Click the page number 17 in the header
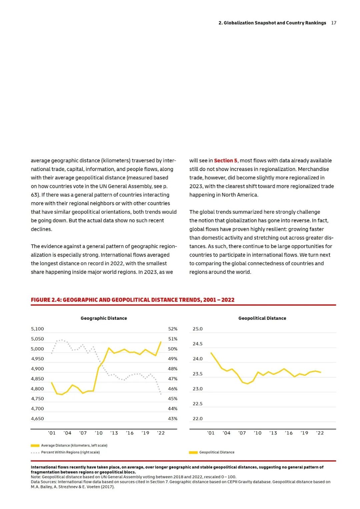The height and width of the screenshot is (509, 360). [x=334, y=23]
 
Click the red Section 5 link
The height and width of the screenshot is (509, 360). [x=226, y=161]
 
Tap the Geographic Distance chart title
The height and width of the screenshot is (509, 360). [x=104, y=318]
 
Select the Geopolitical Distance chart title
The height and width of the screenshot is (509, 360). [x=262, y=318]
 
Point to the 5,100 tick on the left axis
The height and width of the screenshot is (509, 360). [x=37, y=329]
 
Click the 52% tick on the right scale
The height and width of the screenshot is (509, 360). [x=173, y=329]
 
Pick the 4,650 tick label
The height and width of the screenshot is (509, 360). [x=37, y=419]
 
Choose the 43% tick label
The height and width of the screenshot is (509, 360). [x=173, y=419]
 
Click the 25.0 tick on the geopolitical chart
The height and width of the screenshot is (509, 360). [x=198, y=329]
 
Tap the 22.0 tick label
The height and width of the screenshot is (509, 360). [x=198, y=419]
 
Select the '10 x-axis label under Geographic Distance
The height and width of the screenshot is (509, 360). [x=99, y=433]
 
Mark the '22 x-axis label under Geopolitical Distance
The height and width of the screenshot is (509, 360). [x=320, y=433]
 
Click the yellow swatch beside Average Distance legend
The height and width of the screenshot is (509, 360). [x=35, y=446]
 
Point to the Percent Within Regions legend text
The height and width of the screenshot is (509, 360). [x=70, y=452]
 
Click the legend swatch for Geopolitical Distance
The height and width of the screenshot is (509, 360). [x=193, y=453]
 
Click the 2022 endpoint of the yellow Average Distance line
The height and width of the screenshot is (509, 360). [x=161, y=342]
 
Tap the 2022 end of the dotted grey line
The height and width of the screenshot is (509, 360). [x=161, y=394]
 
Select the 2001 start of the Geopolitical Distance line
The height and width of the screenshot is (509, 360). [x=211, y=353]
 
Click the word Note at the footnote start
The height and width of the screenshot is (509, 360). [x=36, y=477]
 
